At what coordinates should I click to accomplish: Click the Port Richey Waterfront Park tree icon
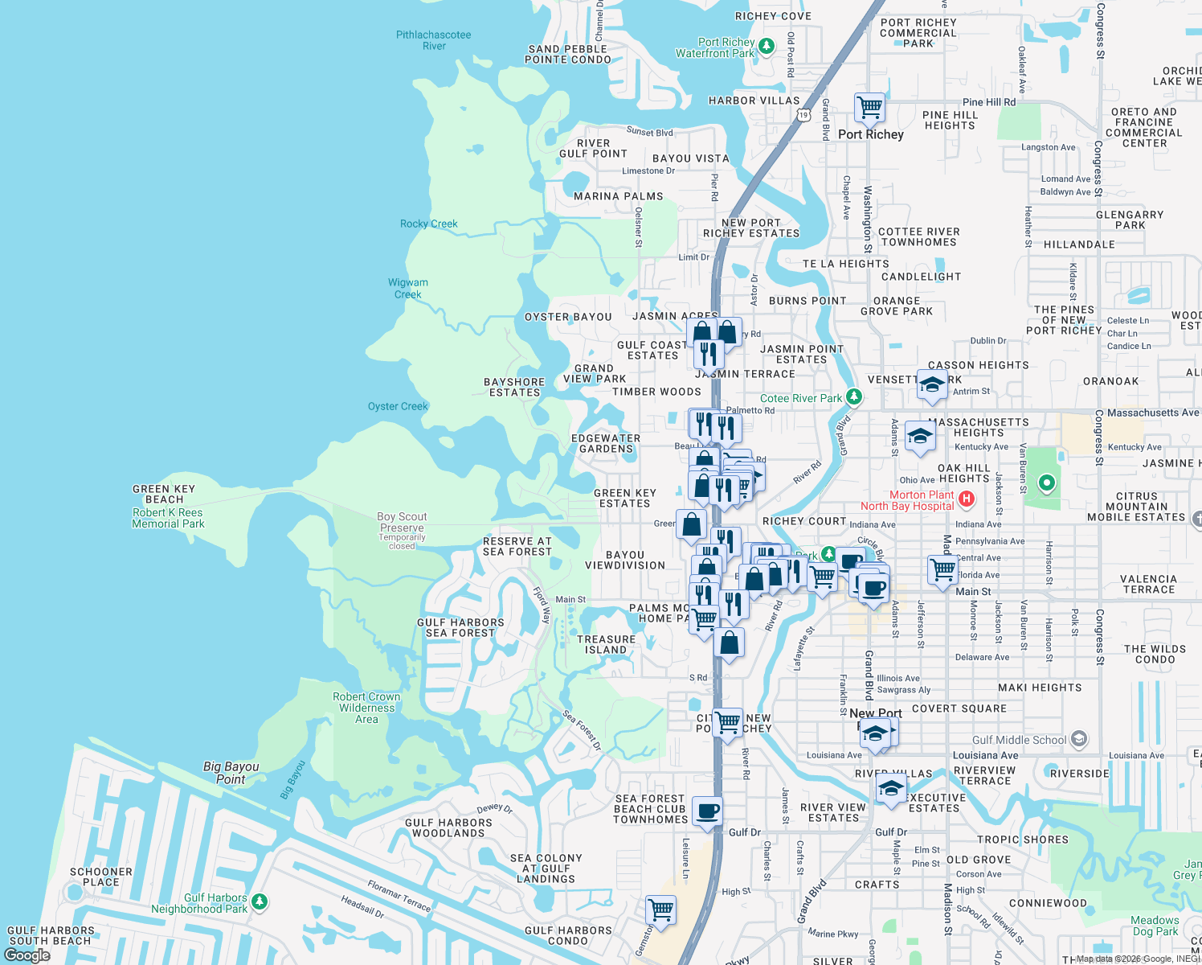(767, 47)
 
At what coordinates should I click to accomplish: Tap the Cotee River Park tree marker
(854, 397)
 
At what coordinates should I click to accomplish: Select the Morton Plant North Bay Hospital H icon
(967, 499)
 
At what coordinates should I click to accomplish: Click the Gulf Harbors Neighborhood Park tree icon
(259, 901)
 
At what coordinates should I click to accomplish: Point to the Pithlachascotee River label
(434, 40)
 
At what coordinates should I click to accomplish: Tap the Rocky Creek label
(429, 224)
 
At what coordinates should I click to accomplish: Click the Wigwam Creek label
(408, 288)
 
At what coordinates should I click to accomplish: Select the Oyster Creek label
(398, 406)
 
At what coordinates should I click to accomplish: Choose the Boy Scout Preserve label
(402, 523)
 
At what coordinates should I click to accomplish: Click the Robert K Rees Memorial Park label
(168, 518)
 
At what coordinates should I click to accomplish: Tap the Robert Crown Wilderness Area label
(366, 708)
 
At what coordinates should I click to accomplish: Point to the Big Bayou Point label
(231, 773)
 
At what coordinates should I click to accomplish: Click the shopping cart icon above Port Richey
(869, 106)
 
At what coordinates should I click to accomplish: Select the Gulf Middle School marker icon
(1079, 739)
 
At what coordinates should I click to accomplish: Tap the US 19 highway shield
(803, 115)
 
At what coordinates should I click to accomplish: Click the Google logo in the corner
(27, 955)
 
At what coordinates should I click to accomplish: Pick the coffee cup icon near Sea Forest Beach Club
(707, 811)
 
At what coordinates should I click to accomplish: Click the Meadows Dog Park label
(1155, 926)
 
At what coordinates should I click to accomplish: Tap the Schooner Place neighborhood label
(101, 877)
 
